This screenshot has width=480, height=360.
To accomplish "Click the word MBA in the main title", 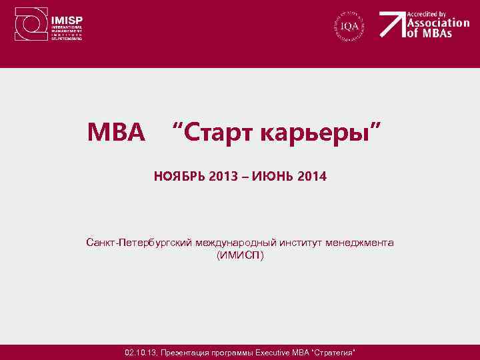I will (x=116, y=133).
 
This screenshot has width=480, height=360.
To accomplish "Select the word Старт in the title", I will (x=215, y=133).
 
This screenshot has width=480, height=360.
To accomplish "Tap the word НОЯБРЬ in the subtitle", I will (x=179, y=177).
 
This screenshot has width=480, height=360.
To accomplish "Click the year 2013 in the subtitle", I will (x=222, y=177).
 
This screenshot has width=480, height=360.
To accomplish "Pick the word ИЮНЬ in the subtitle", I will (x=272, y=177).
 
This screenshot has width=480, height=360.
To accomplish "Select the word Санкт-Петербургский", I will (x=139, y=243).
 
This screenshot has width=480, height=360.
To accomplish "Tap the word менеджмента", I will (x=360, y=243).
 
